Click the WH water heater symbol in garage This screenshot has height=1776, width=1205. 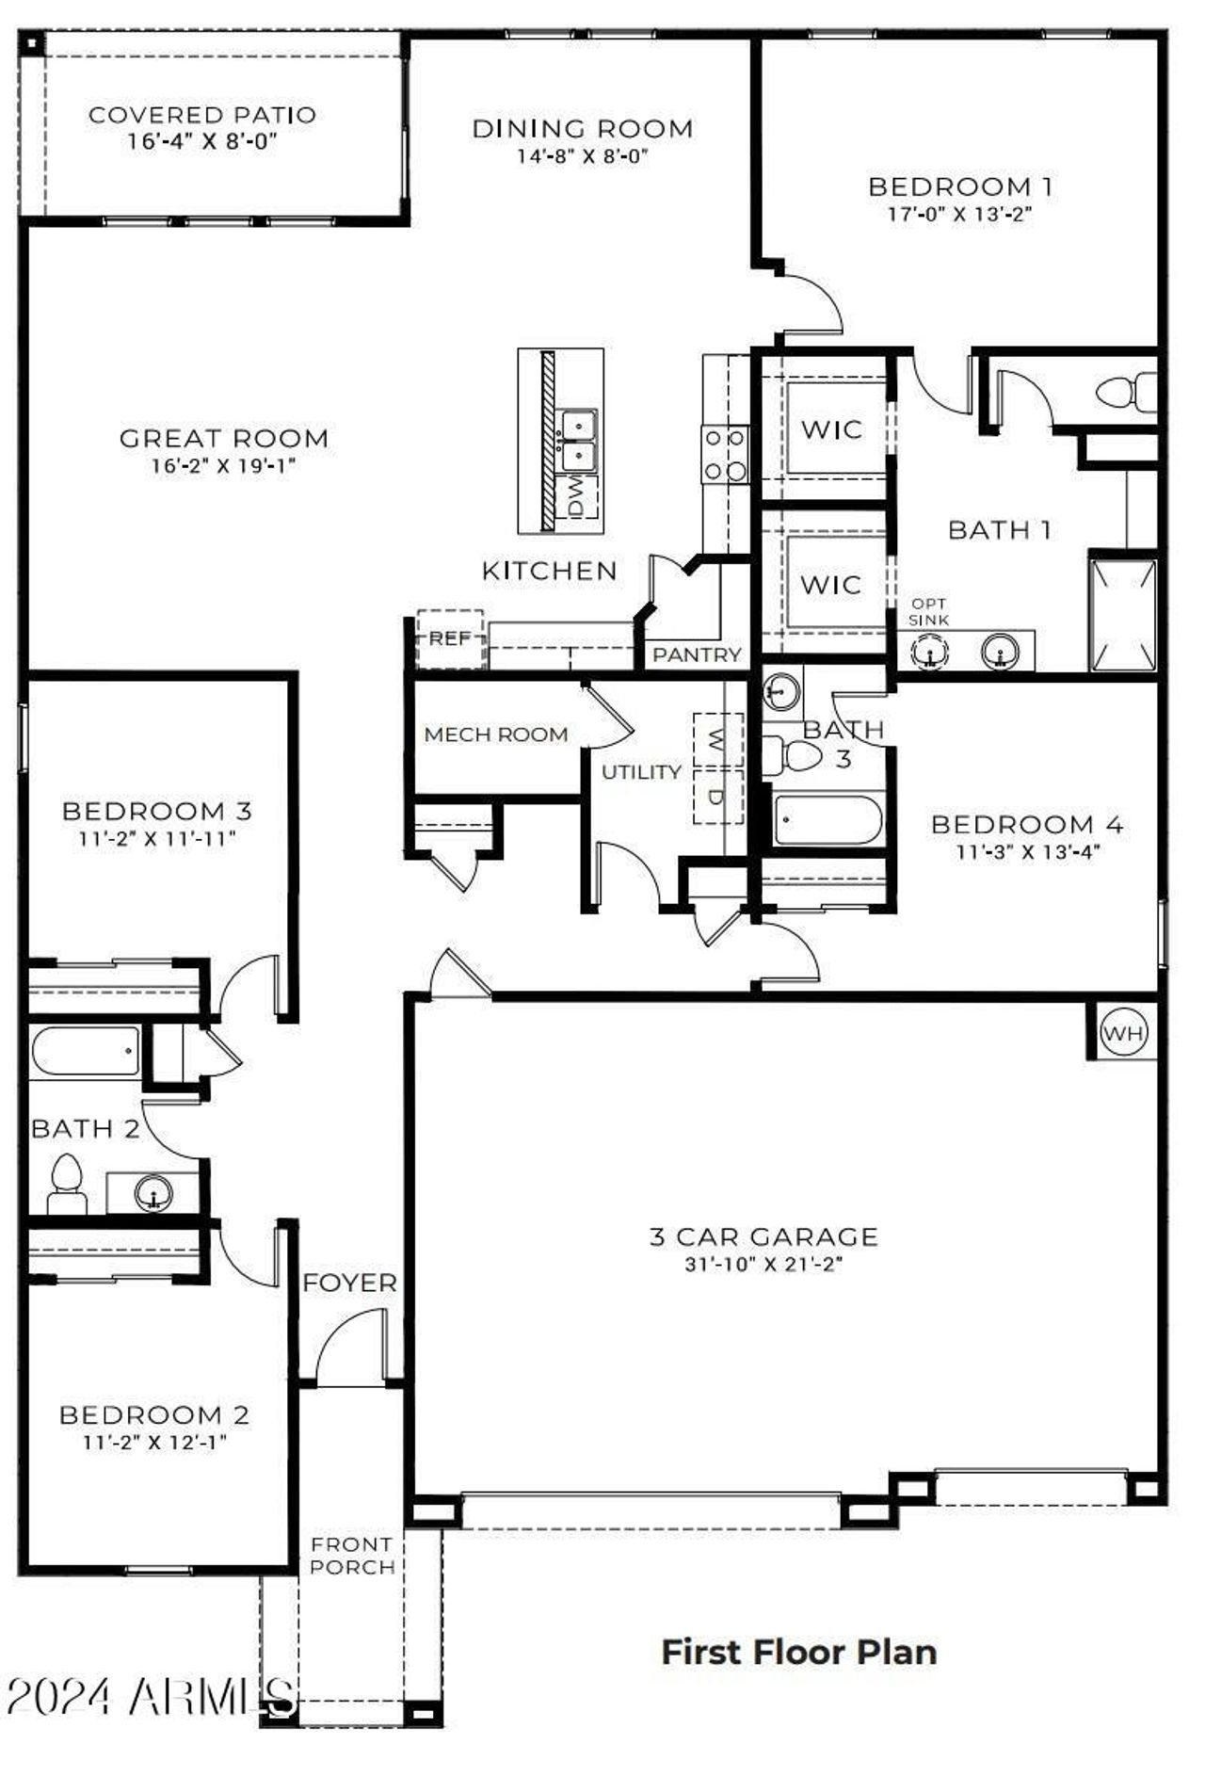(x=1123, y=1033)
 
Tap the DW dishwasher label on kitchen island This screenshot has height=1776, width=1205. (x=577, y=495)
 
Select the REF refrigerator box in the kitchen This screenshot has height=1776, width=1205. (x=450, y=638)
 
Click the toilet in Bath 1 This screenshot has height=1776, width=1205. (x=1124, y=391)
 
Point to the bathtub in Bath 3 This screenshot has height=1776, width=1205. (x=826, y=820)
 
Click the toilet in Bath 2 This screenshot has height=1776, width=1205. (x=66, y=1186)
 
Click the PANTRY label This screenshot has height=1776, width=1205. (x=697, y=654)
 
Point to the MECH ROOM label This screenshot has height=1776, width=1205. (x=495, y=735)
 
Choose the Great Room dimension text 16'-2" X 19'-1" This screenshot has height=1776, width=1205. (x=224, y=464)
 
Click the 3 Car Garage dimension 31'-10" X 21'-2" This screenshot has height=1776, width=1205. (x=763, y=1264)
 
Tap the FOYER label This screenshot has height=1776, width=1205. (x=349, y=1283)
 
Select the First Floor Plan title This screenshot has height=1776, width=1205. (x=798, y=1652)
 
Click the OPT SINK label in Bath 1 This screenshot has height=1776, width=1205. (x=928, y=611)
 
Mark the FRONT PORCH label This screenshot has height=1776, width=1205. (x=352, y=1556)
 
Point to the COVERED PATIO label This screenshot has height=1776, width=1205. (x=202, y=115)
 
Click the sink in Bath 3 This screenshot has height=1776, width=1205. (x=780, y=692)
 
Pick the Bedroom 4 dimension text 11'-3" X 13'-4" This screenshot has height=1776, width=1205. (x=1028, y=851)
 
